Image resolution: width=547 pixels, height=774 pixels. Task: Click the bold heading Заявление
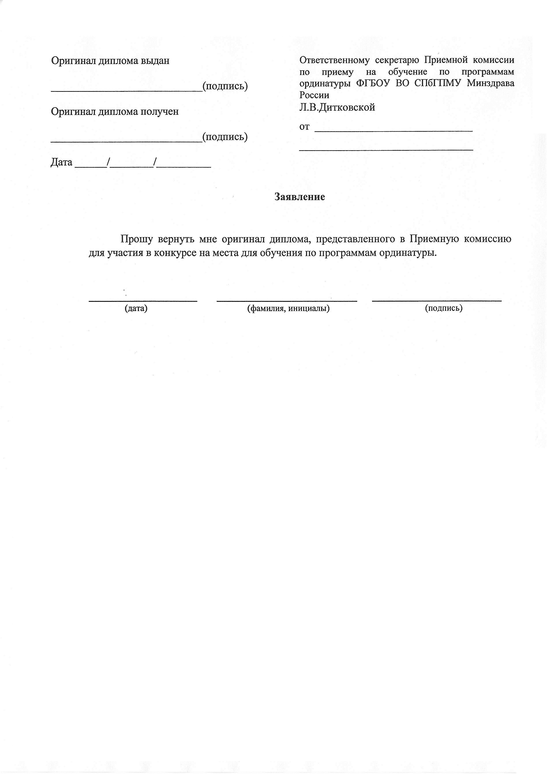[300, 197]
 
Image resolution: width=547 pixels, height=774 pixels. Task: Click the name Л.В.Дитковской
[337, 107]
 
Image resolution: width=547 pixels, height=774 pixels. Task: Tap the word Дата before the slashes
[61, 162]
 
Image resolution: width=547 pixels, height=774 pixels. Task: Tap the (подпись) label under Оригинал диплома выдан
[225, 86]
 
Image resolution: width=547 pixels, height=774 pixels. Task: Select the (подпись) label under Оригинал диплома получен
[225, 137]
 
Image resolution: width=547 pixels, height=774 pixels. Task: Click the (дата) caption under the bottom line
[136, 308]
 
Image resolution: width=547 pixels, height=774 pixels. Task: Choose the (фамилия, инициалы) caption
[288, 308]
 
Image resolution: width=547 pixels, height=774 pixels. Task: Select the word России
[314, 95]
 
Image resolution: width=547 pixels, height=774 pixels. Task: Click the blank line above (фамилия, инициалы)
[287, 300]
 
